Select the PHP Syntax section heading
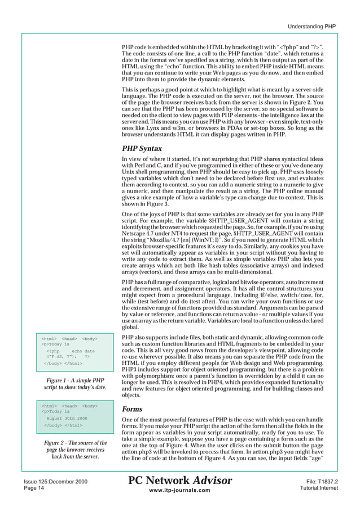[142, 149]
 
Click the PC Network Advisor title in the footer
[180, 481]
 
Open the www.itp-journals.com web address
[181, 491]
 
